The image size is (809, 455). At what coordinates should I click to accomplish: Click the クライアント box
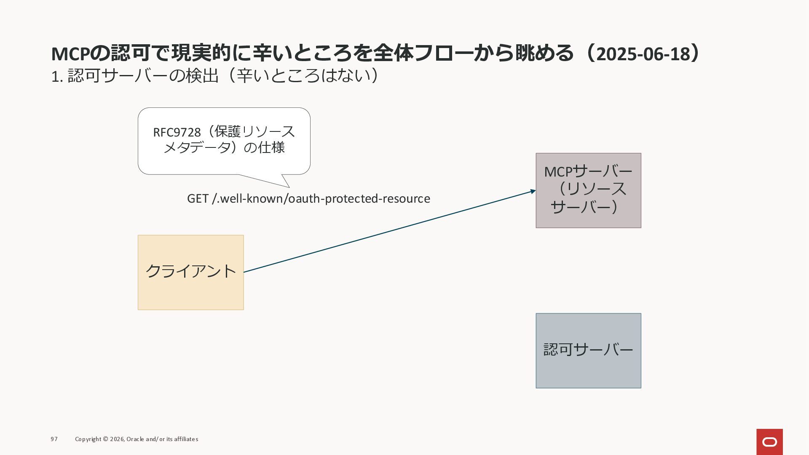pyautogui.click(x=190, y=272)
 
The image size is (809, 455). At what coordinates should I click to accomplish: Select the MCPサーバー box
pyautogui.click(x=588, y=190)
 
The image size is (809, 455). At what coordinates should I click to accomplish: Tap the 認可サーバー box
pyautogui.click(x=588, y=351)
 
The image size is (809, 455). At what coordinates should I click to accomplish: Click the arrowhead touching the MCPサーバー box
pyautogui.click(x=533, y=192)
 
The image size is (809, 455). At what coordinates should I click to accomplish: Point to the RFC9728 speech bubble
pyautogui.click(x=224, y=141)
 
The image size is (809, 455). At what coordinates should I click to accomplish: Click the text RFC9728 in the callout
pyautogui.click(x=177, y=132)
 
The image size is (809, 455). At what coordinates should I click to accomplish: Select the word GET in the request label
pyautogui.click(x=197, y=198)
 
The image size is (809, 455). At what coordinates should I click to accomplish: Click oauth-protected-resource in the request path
pyautogui.click(x=359, y=198)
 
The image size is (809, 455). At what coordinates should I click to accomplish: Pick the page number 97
pyautogui.click(x=54, y=439)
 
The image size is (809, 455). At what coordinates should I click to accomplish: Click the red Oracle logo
pyautogui.click(x=769, y=442)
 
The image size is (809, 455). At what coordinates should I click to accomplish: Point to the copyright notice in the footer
pyautogui.click(x=137, y=439)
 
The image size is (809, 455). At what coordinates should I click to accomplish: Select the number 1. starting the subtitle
pyautogui.click(x=57, y=77)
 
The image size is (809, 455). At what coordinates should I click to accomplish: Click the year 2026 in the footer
pyautogui.click(x=117, y=439)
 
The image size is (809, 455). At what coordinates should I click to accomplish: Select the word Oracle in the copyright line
pyautogui.click(x=135, y=439)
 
